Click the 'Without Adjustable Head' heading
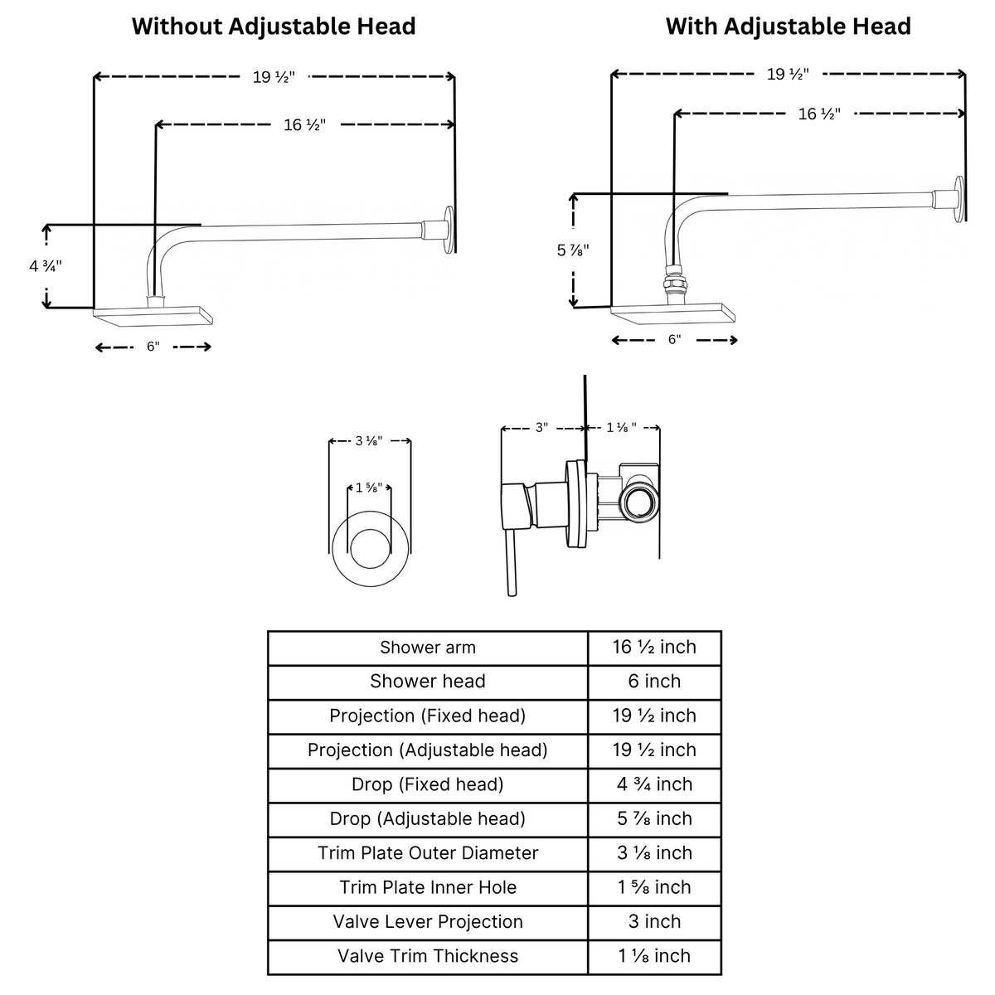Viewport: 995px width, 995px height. point(274,27)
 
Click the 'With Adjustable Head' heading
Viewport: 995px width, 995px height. point(788,27)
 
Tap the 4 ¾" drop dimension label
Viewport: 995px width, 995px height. point(46,266)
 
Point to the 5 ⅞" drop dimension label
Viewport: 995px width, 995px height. point(573,250)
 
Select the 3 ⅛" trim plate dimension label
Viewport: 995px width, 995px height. point(369,441)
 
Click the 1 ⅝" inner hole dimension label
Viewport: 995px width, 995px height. point(369,488)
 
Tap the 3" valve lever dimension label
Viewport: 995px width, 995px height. point(541,428)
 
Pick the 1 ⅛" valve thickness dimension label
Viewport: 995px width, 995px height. point(621,428)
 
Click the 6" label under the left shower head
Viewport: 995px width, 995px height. point(153,347)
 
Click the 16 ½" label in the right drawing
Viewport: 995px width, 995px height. point(819,114)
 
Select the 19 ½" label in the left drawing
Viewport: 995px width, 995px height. point(274,77)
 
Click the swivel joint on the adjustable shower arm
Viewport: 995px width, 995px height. point(676,282)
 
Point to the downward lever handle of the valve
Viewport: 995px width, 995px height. point(512,563)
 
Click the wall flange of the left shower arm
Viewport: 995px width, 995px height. point(449,231)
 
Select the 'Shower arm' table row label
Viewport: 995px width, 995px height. point(428,648)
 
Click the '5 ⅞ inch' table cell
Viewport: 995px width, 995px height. point(654,819)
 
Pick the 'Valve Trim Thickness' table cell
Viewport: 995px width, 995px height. point(428,956)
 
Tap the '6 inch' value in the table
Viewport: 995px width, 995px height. point(654,682)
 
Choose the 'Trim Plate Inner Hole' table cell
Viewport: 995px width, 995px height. point(428,887)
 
